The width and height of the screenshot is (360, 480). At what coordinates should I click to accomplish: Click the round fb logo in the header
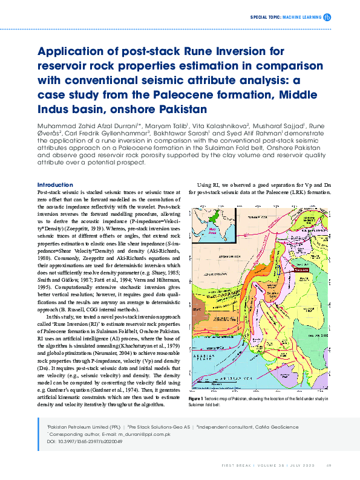(327, 18)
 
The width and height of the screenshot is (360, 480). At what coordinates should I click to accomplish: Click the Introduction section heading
(55, 184)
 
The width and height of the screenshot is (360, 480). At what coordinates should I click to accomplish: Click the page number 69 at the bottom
(329, 465)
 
